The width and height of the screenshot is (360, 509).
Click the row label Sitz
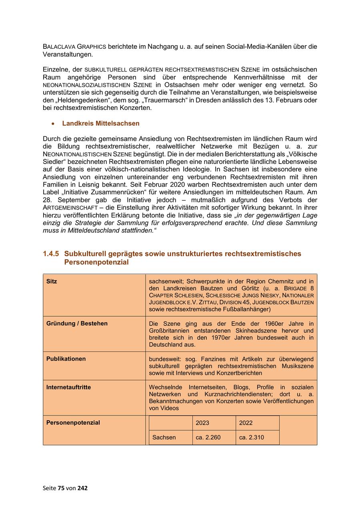52,281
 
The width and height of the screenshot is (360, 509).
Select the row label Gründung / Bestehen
77,323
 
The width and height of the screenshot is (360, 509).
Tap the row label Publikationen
66,359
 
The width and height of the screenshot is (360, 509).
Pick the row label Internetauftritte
68,387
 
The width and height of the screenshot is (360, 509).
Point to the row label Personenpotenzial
73,423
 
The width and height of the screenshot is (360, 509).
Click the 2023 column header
202,423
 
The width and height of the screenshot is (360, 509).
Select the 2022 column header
246,423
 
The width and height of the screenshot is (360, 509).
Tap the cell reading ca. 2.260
208,437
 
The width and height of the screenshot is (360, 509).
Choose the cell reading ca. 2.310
252,437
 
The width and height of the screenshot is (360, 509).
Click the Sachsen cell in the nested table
164,437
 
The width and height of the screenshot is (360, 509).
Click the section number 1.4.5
51,254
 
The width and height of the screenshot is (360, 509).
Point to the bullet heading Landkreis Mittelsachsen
101,124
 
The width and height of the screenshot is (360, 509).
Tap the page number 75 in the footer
61,488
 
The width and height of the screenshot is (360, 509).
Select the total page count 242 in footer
83,488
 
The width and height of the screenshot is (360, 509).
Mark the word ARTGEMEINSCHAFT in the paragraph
70,208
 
